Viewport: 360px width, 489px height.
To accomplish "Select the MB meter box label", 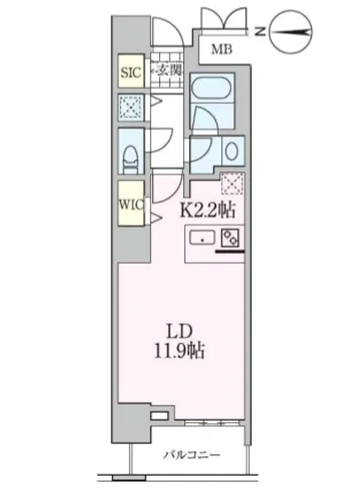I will [221, 50].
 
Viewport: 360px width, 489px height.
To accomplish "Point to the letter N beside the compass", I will [257, 31].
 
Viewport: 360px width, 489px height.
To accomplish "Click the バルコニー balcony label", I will [190, 456].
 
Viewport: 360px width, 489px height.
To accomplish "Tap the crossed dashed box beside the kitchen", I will [232, 184].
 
